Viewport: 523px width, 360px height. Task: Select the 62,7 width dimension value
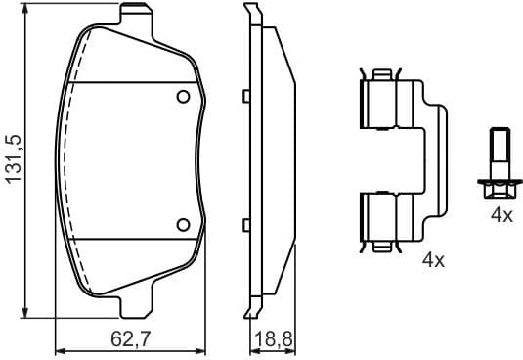(x=129, y=341)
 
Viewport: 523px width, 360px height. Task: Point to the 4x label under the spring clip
(x=432, y=260)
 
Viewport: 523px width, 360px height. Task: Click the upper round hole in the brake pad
(x=182, y=97)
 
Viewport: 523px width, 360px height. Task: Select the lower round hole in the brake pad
(x=182, y=224)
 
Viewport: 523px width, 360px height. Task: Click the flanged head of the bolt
(x=497, y=181)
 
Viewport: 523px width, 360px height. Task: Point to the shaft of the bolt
(x=497, y=152)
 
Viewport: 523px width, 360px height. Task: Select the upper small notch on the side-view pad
(x=246, y=96)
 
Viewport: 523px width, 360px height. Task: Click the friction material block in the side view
(x=277, y=161)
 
